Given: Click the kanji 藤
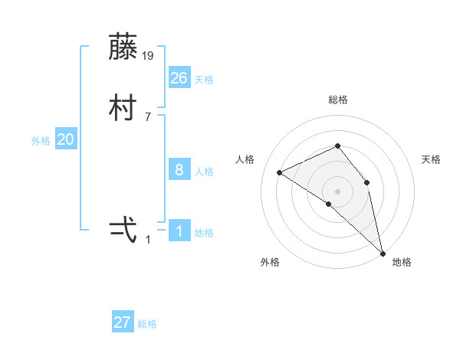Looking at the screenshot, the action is [123, 47].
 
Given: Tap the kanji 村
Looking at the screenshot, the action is [123, 108].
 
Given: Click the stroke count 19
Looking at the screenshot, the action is [149, 55].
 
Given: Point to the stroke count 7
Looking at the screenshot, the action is [148, 116].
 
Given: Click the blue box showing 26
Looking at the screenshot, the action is [179, 77].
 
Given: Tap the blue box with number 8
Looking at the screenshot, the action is [179, 170].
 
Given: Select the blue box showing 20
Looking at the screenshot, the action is [66, 139].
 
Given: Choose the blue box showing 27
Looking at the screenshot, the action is [123, 322].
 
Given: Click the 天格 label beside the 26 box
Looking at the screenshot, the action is [204, 80].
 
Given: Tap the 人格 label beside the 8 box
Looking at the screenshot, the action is [204, 172].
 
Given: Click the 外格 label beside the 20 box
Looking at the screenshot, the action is [41, 141].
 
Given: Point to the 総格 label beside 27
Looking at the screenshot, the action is [147, 324].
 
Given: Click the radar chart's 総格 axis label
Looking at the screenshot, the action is [338, 100].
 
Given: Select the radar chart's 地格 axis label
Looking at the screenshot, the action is [402, 262].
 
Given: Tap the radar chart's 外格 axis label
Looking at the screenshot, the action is [270, 262].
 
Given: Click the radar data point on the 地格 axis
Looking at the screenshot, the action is [383, 252].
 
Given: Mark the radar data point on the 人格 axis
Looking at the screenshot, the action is [279, 172].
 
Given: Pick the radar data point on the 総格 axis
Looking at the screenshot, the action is [337, 146].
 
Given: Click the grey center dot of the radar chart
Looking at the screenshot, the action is [337, 191].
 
